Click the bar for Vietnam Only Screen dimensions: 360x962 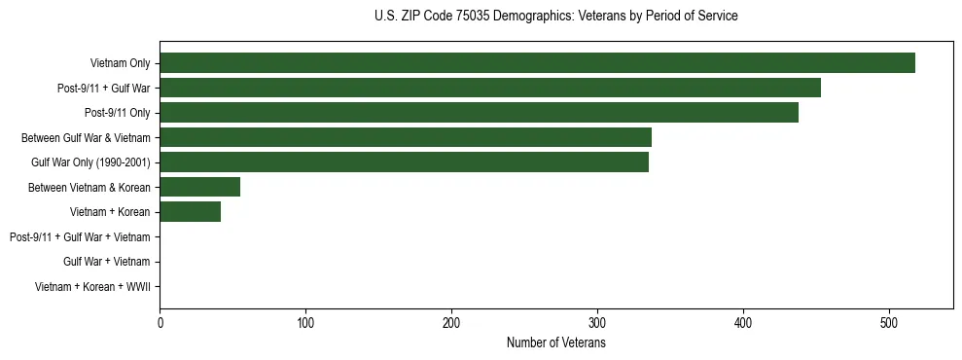pyautogui.click(x=537, y=63)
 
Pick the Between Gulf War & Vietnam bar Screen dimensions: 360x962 pyautogui.click(x=406, y=137)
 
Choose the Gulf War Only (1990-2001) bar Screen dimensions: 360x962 pyautogui.click(x=404, y=162)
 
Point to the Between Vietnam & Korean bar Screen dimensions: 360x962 pyautogui.click(x=199, y=187)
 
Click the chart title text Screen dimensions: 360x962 pyautogui.click(x=555, y=17)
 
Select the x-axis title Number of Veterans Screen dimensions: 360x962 pyautogui.click(x=555, y=342)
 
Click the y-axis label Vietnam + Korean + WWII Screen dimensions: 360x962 pyautogui.click(x=92, y=287)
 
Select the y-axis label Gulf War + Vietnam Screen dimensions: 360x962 pyautogui.click(x=106, y=262)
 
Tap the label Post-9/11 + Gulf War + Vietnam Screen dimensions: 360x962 pyautogui.click(x=80, y=237)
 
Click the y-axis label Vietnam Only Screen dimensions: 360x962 pyautogui.click(x=120, y=63)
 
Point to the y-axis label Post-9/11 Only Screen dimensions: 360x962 pyautogui.click(x=118, y=113)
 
